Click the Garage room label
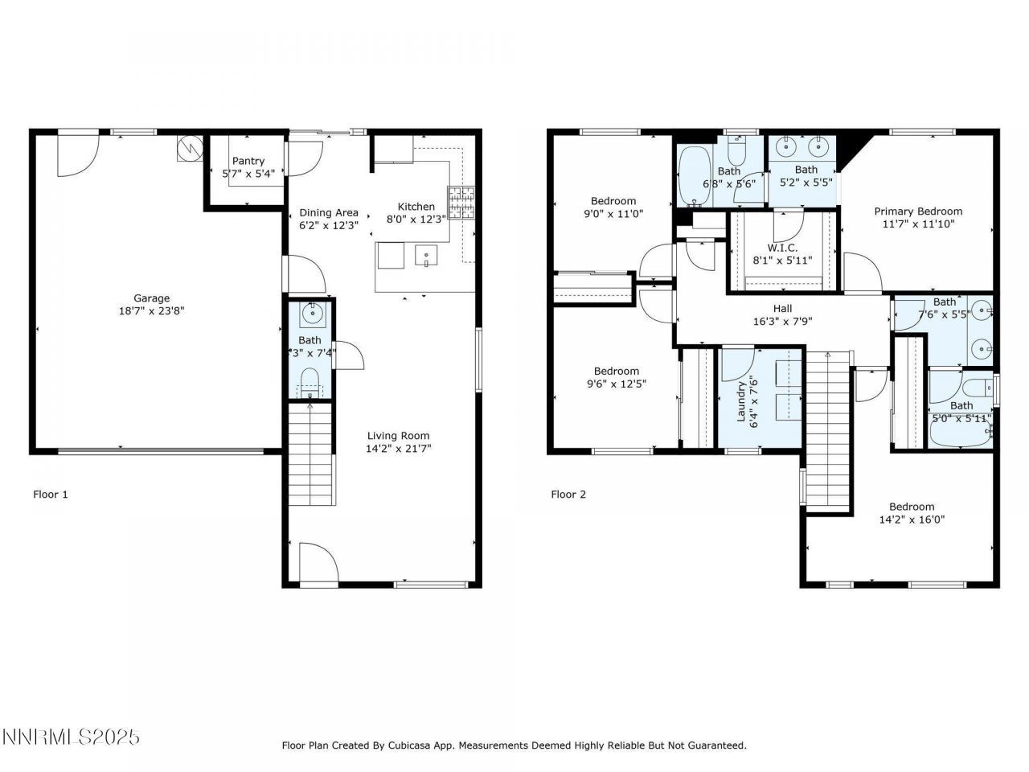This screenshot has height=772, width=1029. point(151,298)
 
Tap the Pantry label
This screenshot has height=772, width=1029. point(248,161)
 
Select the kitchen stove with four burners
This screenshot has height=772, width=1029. point(461,203)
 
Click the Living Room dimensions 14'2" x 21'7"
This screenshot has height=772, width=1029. point(399,449)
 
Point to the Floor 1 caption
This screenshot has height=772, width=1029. point(50,494)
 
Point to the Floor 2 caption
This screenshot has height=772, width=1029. point(568,494)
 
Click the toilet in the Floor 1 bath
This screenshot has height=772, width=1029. point(310,380)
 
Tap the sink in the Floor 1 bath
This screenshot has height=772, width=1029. point(310,314)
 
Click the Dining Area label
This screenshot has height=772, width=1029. point(329,212)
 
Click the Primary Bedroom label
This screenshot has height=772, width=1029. point(918,211)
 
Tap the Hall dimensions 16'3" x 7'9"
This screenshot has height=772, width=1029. point(782,321)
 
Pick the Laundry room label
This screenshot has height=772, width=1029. point(742,399)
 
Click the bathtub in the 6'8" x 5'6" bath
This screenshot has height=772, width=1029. point(691,176)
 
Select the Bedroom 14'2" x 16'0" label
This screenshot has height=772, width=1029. point(912,507)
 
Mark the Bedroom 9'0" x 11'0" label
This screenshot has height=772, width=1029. point(613,201)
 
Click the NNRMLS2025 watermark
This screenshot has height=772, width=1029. point(72,737)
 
